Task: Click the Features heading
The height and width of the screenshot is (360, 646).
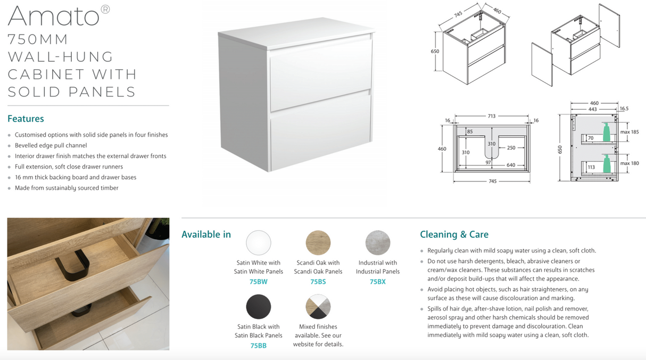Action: pyautogui.click(x=26, y=119)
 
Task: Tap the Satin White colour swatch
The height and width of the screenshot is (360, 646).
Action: pyautogui.click(x=259, y=243)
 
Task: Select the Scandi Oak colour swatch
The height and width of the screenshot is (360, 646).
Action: pyautogui.click(x=318, y=243)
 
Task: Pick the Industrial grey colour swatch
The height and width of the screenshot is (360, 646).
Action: pyautogui.click(x=378, y=243)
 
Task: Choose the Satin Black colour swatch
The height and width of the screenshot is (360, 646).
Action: pyautogui.click(x=259, y=307)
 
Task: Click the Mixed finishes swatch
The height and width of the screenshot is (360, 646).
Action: pyautogui.click(x=318, y=307)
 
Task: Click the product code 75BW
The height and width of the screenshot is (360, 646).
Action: pyautogui.click(x=259, y=282)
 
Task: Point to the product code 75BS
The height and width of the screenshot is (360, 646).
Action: pyautogui.click(x=318, y=282)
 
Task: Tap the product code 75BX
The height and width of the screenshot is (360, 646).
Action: pyautogui.click(x=378, y=282)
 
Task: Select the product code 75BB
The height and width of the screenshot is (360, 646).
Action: pyautogui.click(x=259, y=346)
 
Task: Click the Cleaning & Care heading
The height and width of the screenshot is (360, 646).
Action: pyautogui.click(x=454, y=235)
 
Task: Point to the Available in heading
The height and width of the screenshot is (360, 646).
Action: pyautogui.click(x=206, y=235)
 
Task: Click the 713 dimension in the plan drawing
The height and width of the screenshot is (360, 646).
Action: pyautogui.click(x=492, y=115)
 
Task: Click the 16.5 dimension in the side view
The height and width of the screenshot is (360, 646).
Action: pyautogui.click(x=624, y=108)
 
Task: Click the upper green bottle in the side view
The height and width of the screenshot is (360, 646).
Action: pyautogui.click(x=606, y=132)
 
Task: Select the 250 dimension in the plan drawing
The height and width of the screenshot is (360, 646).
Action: pyautogui.click(x=511, y=148)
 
